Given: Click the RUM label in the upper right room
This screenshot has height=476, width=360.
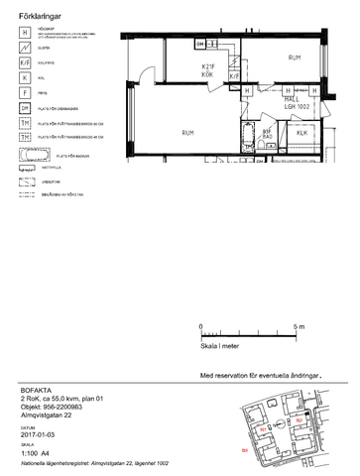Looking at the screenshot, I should click(295, 59).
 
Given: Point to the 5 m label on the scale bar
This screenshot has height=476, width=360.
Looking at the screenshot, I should click(300, 326).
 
